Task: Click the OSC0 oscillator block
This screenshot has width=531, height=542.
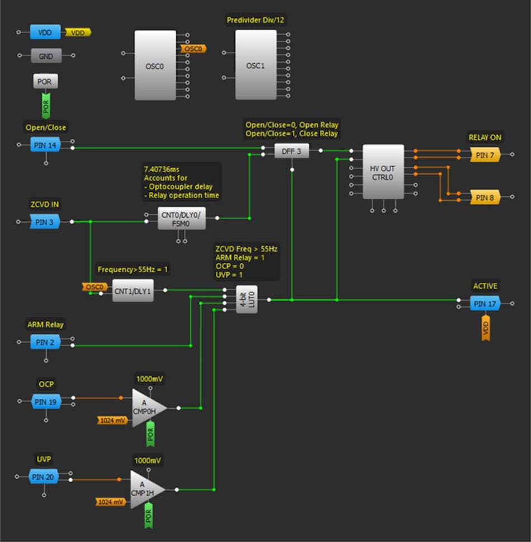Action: click(155, 65)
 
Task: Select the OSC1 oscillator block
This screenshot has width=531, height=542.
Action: click(255, 65)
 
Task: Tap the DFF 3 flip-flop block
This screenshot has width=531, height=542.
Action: click(291, 150)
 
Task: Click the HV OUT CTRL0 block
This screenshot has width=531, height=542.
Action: click(383, 172)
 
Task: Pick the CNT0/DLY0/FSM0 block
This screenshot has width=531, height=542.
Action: click(182, 218)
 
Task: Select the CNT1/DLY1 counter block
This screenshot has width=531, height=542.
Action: click(132, 290)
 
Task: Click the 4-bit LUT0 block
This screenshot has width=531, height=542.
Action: click(246, 299)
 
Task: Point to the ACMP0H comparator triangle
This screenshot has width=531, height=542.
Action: click(147, 408)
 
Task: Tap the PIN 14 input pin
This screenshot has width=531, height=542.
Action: click(45, 145)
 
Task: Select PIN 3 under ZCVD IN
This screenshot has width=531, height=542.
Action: click(45, 222)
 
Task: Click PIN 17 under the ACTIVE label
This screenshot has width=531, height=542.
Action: click(484, 304)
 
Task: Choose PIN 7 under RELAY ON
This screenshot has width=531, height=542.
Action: click(484, 155)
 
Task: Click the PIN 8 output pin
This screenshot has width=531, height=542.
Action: click(484, 197)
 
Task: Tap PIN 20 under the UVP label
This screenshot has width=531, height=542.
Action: click(44, 477)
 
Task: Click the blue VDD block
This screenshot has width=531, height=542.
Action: click(45, 32)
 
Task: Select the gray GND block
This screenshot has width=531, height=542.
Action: click(45, 56)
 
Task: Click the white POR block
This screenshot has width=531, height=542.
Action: click(45, 82)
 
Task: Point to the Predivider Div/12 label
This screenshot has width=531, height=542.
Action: click(256, 20)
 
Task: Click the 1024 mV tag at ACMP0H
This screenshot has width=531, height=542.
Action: click(113, 420)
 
